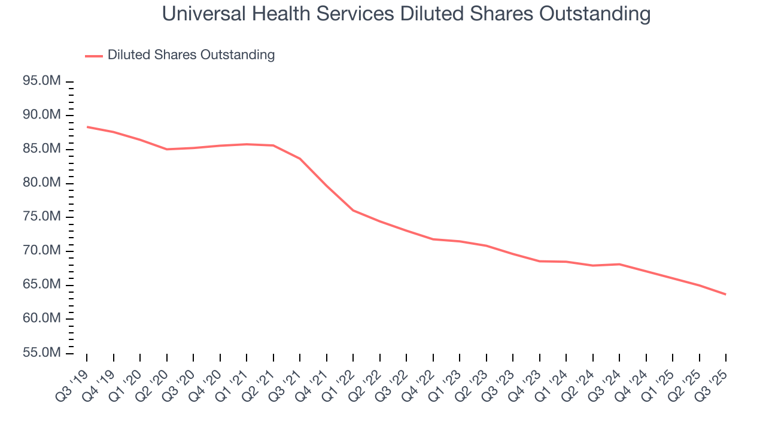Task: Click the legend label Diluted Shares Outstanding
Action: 191,55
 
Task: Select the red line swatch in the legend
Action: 94,56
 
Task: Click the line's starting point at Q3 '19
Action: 87,127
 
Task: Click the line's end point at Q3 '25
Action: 726,294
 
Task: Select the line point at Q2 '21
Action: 273,145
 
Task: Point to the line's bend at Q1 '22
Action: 353,210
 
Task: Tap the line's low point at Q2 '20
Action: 166,149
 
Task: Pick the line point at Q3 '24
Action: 619,264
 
